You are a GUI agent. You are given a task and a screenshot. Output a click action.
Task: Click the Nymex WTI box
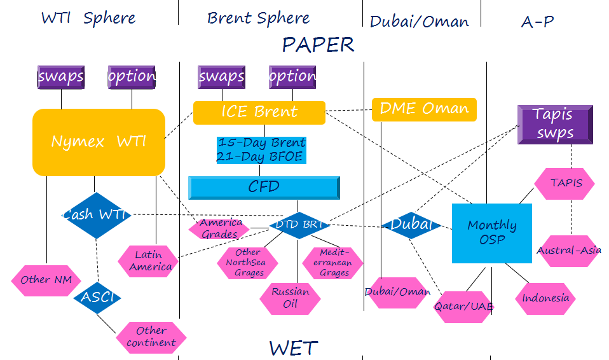pyautogui.click(x=99, y=142)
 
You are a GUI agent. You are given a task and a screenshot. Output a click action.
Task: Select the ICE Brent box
pyautogui.click(x=259, y=113)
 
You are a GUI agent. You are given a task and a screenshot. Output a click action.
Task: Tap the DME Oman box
pyautogui.click(x=423, y=109)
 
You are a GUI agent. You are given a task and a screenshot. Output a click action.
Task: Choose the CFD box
pyautogui.click(x=263, y=187)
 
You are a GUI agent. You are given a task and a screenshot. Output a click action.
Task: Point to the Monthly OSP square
pyautogui.click(x=491, y=233)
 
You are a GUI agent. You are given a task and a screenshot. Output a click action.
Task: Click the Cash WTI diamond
pyautogui.click(x=95, y=215)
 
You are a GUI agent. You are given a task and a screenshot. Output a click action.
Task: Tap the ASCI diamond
pyautogui.click(x=97, y=297)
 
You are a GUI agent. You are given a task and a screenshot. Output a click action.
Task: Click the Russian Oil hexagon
pyautogui.click(x=290, y=298)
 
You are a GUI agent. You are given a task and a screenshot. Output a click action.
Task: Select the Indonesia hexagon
pyautogui.click(x=545, y=298)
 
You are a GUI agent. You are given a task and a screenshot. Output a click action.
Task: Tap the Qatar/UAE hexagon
pyautogui.click(x=463, y=306)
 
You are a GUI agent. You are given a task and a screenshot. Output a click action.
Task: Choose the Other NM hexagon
pyautogui.click(x=46, y=280)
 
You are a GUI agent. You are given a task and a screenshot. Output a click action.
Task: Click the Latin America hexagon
pyautogui.click(x=150, y=261)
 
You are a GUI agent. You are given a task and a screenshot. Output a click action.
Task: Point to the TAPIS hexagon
pyautogui.click(x=565, y=183)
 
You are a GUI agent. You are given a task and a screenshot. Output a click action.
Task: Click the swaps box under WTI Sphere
pyautogui.click(x=61, y=77)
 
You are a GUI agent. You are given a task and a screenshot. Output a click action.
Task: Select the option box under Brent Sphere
pyautogui.click(x=292, y=77)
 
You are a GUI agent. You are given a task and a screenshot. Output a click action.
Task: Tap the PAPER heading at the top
pyautogui.click(x=318, y=45)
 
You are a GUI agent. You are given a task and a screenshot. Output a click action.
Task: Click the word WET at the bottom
pyautogui.click(x=293, y=348)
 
